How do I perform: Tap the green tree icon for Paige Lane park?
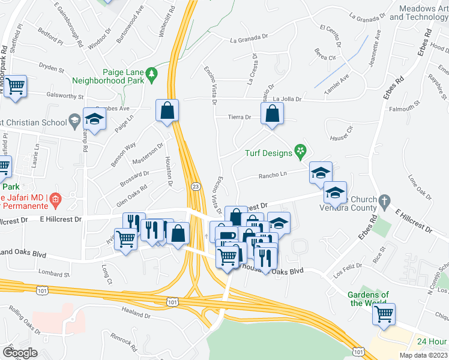[152, 73]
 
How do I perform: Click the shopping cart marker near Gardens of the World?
[384, 313]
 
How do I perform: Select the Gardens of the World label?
[369, 298]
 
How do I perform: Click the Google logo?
[20, 353]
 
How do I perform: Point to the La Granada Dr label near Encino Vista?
[249, 40]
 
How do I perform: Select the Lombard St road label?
[53, 274]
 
